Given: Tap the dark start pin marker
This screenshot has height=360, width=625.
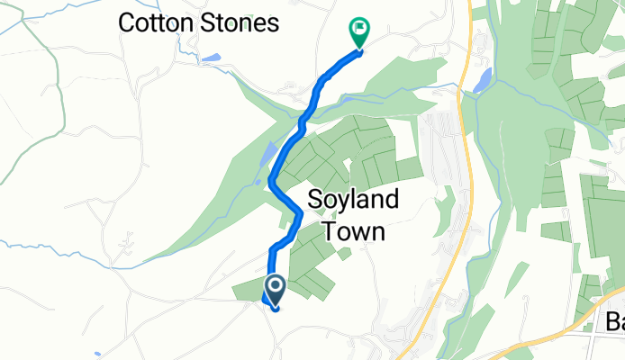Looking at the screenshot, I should click(274, 289).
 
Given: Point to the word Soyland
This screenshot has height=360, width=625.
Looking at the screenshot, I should click(347, 201).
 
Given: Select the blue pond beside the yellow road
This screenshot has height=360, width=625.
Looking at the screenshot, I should click(481, 82).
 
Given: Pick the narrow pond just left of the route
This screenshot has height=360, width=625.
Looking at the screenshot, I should click(267, 157).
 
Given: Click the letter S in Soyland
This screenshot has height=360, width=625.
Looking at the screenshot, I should click(315, 201).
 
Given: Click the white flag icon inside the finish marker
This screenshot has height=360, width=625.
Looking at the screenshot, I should click(359, 30).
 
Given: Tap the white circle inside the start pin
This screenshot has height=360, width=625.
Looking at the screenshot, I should click(274, 286).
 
